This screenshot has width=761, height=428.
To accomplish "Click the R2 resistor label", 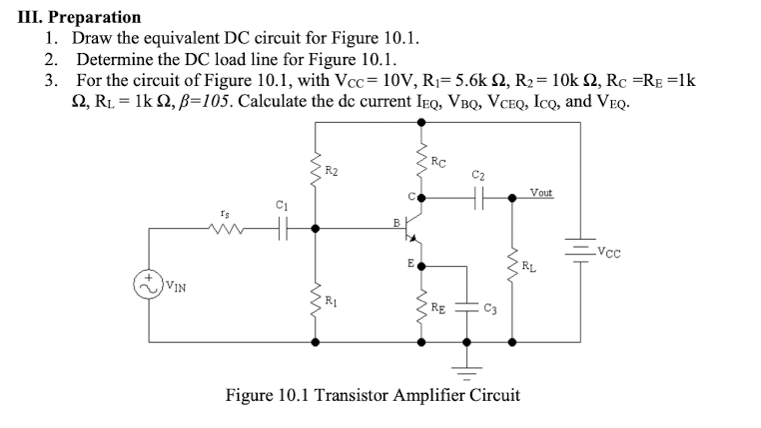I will click(335, 172).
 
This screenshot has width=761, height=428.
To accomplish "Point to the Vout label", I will click(543, 191).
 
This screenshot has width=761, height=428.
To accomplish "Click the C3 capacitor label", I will click(488, 308).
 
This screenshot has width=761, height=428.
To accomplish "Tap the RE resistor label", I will click(440, 307).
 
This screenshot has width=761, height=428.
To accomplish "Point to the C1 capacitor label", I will click(281, 206).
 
